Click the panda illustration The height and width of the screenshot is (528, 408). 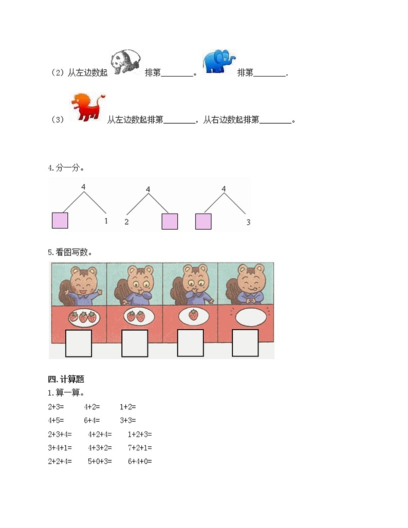[x=126, y=63]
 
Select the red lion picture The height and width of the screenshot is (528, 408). [x=87, y=106]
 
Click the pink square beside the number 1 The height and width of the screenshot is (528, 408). [x=60, y=220]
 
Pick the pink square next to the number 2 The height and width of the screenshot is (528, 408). [x=170, y=221]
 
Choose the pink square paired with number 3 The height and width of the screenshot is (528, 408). [x=203, y=221]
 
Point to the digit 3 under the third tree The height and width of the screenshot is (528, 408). [x=248, y=222]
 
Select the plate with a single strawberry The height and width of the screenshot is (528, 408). [x=193, y=315]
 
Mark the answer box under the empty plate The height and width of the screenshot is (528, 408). [x=245, y=343]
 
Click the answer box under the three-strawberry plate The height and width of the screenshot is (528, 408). [x=79, y=343]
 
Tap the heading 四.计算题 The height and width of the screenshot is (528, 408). [x=66, y=380]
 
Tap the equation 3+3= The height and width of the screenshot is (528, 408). [x=127, y=420]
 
